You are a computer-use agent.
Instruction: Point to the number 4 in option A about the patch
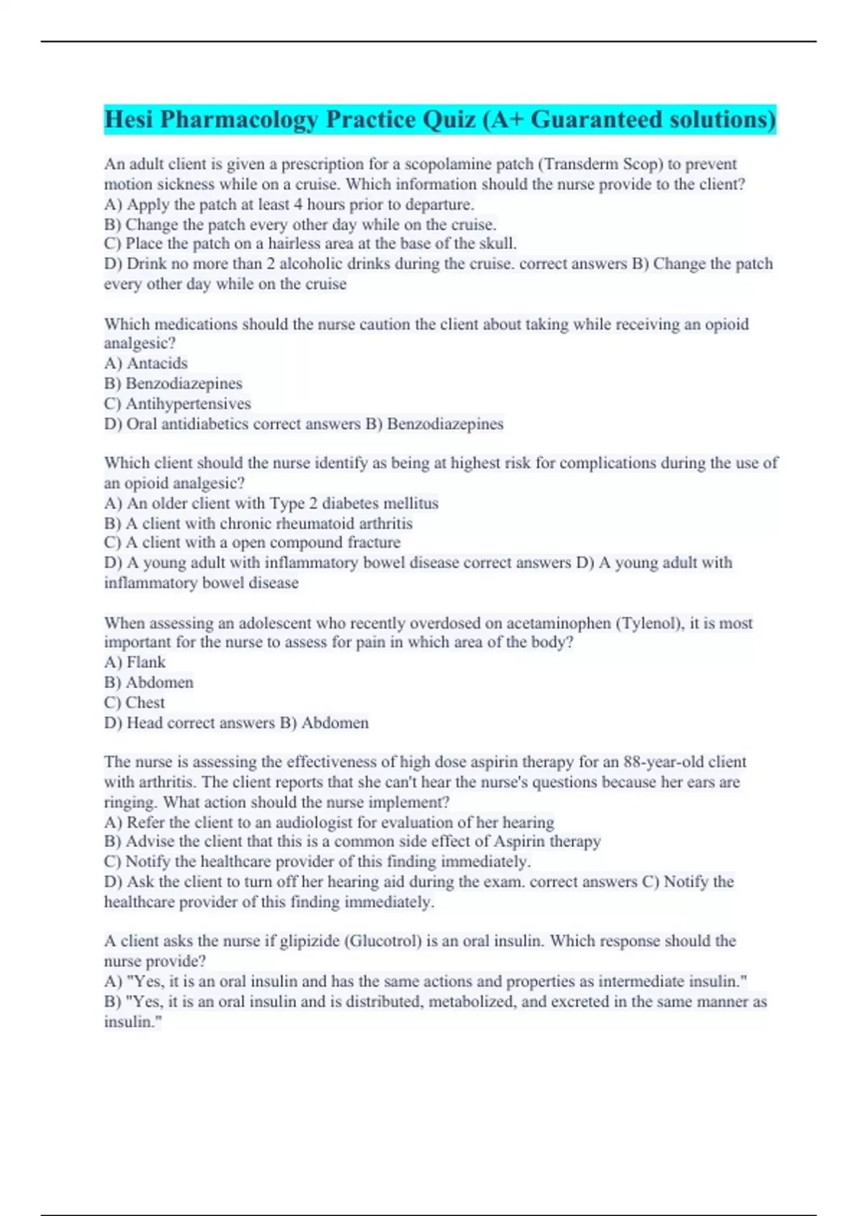coord(298,205)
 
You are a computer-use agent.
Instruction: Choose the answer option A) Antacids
coord(146,363)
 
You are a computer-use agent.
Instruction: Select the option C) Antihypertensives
coord(177,403)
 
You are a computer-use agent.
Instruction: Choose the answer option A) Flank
coord(134,662)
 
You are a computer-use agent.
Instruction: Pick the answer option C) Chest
coord(134,702)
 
